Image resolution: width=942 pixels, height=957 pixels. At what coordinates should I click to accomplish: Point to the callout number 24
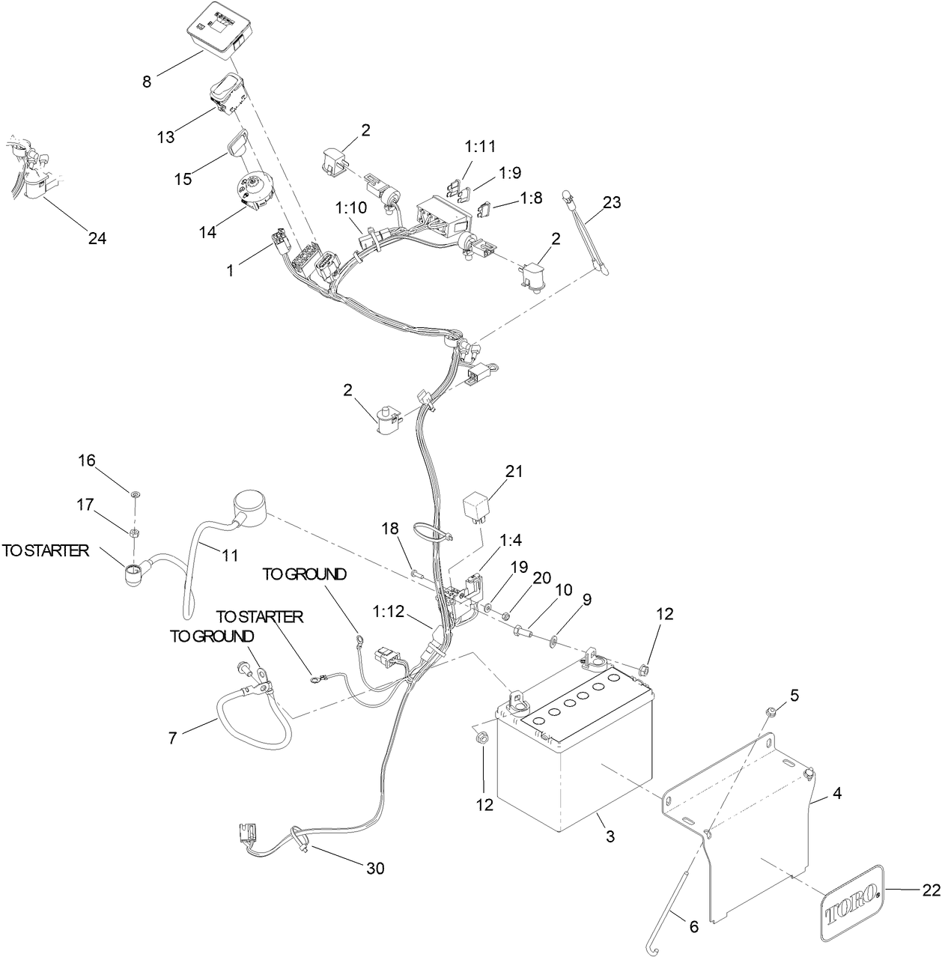pos(97,238)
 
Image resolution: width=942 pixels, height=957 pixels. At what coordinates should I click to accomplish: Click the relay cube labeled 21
pos(477,507)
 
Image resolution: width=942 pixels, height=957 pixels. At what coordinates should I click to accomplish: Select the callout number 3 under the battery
pos(610,836)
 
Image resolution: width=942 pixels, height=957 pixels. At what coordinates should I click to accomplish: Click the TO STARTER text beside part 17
pos(46,551)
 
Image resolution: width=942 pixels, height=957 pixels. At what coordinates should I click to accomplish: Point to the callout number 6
pos(693,926)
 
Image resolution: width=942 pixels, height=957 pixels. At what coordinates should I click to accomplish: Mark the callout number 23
pos(612,202)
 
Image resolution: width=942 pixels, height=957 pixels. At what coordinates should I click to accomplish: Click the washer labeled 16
pos(135,495)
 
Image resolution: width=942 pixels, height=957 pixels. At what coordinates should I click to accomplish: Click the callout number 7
pos(173,738)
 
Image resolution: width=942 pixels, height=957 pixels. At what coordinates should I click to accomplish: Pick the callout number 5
pos(794,695)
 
